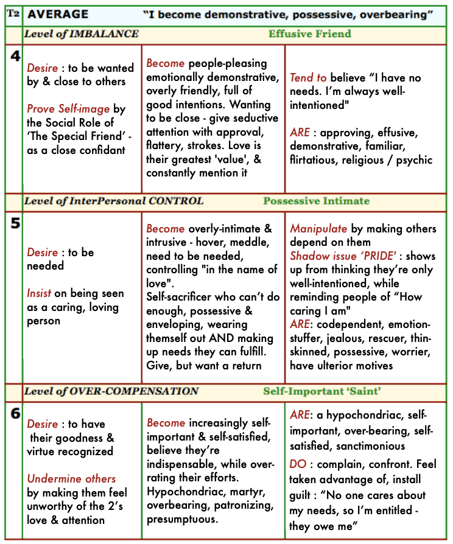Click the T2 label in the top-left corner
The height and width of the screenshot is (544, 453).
point(12,13)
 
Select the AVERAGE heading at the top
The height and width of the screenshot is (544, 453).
point(58,14)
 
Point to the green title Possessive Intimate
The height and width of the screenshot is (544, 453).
point(316,201)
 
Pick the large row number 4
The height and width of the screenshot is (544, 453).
point(16,57)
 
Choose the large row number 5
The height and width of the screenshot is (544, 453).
point(15,223)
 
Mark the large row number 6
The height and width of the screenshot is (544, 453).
point(15,413)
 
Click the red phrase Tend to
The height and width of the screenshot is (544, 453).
point(308,78)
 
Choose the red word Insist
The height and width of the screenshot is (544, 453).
point(39,293)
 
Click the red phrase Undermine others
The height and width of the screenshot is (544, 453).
point(71,479)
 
